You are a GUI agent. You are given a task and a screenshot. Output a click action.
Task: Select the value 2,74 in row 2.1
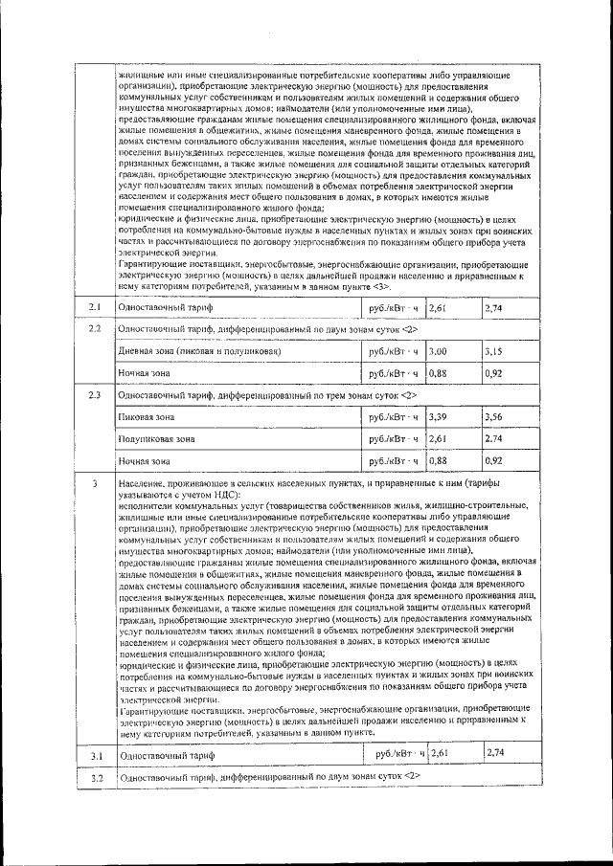(494, 307)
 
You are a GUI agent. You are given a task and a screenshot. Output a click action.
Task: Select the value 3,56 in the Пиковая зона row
(494, 417)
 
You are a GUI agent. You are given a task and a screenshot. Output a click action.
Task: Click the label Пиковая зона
(146, 417)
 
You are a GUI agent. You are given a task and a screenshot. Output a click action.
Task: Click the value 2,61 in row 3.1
(442, 754)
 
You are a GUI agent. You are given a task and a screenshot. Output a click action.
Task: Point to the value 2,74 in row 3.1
(494, 754)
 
